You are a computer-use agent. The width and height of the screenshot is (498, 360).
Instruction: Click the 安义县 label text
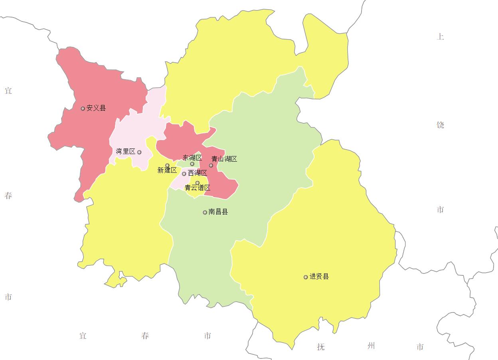pos(96,108)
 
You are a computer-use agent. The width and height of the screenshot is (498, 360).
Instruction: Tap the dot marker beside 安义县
pos(83,109)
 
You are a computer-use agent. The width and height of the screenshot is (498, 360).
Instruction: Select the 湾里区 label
pos(126,151)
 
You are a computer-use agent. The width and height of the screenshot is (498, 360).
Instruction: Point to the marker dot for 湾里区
pos(139,152)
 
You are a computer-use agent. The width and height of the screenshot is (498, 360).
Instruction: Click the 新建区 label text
pos(167,170)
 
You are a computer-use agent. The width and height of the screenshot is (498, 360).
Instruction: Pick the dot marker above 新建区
pos(167,165)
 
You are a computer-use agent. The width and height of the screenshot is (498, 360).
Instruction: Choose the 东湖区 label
pos(192,158)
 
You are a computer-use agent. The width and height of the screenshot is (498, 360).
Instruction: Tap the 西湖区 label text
pos(198,173)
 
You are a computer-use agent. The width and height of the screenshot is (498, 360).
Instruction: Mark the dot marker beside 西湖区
pos(184,174)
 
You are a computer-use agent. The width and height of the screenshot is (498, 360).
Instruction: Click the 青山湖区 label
pos(224,159)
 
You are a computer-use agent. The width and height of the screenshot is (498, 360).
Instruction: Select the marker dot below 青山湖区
pos(211,165)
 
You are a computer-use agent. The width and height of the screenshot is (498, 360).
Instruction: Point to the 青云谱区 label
pos(198,188)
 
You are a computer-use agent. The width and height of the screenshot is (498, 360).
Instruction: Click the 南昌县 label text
pos(218,212)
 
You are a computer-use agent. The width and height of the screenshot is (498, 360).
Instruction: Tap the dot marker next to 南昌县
pos(205,212)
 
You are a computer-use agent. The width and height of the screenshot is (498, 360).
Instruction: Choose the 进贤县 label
pos(319,277)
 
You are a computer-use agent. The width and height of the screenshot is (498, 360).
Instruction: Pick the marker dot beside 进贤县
pos(306,277)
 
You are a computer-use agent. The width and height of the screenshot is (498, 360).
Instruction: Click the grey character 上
pos(440,37)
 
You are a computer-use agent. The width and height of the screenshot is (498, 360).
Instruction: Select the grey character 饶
pos(440,125)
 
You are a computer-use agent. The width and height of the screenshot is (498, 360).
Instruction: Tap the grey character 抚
pos(321,347)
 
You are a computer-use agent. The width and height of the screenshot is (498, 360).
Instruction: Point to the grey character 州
pos(371,346)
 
